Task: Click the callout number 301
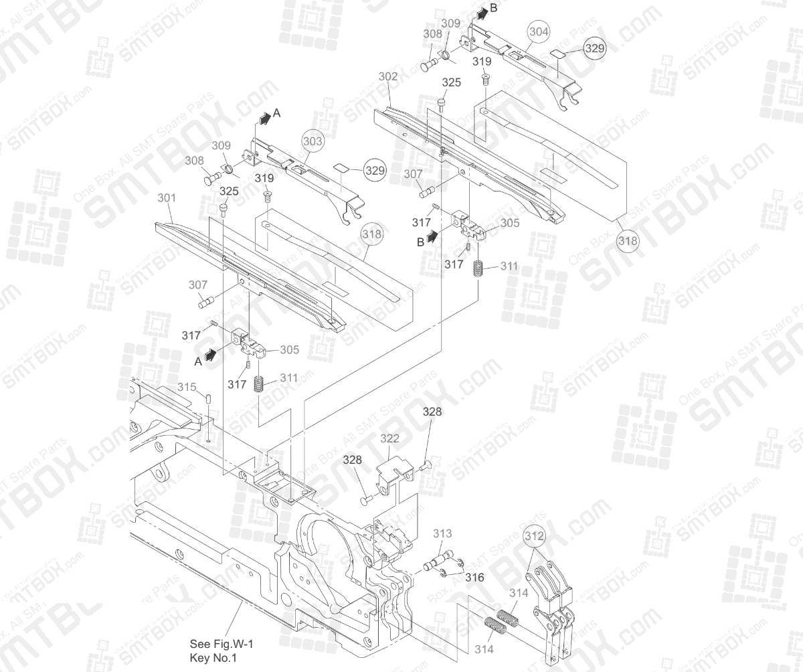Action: [166, 198]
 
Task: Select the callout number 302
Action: [387, 77]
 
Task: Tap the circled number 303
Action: [313, 141]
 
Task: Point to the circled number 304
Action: [538, 31]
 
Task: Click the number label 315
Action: [187, 388]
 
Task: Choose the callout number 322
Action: [389, 438]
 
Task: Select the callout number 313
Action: [442, 533]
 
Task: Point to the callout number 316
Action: [474, 577]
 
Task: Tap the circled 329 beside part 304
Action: [594, 49]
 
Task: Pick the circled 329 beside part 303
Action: [375, 171]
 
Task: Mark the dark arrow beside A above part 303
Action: [265, 118]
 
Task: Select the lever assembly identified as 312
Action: [552, 609]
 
